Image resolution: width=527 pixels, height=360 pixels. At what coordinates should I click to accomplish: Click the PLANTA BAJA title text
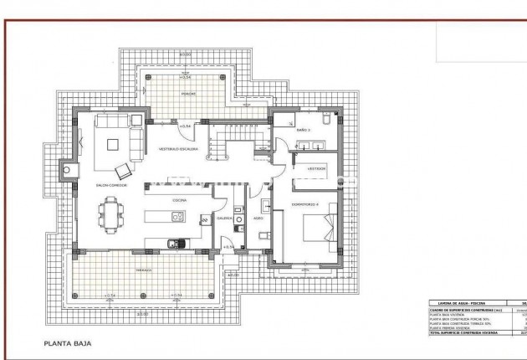coord(69,343)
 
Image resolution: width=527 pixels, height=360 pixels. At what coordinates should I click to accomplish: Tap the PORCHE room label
coord(190,95)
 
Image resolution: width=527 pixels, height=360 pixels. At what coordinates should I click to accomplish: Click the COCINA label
coord(179,201)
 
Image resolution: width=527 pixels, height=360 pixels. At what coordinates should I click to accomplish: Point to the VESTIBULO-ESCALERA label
coord(179,150)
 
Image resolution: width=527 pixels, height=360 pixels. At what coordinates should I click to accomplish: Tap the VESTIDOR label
coord(316,168)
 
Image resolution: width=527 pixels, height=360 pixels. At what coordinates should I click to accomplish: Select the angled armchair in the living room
coord(123,170)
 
